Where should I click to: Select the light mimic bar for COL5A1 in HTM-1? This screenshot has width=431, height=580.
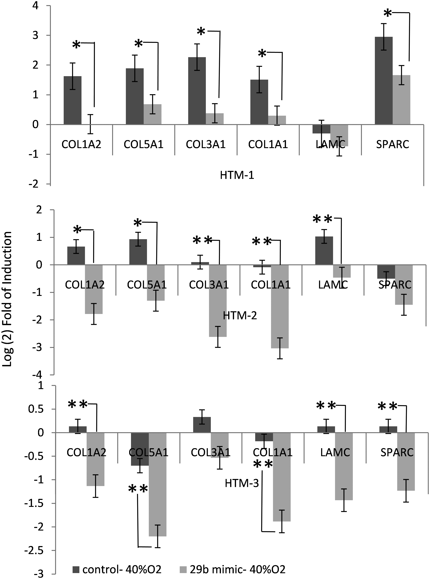tap(152, 114)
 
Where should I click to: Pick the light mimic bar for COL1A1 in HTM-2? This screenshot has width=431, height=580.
tap(280, 306)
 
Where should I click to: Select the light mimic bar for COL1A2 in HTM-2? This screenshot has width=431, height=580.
tap(94, 289)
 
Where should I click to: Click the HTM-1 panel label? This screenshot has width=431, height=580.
tap(237, 175)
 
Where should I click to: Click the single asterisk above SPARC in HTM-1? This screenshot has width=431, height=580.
tap(388, 13)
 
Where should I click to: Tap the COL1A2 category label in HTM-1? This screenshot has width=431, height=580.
tap(81, 144)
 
